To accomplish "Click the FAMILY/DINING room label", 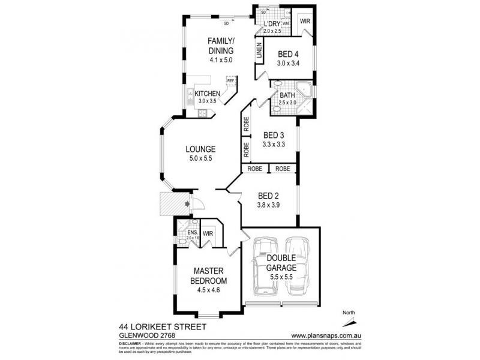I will (221, 46).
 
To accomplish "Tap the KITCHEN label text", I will (207, 94).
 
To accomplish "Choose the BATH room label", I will (288, 95).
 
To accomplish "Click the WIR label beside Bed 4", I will (304, 21).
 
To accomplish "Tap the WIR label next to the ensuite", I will (208, 233).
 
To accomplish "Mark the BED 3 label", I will (273, 136).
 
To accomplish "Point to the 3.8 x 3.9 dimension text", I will (269, 205).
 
